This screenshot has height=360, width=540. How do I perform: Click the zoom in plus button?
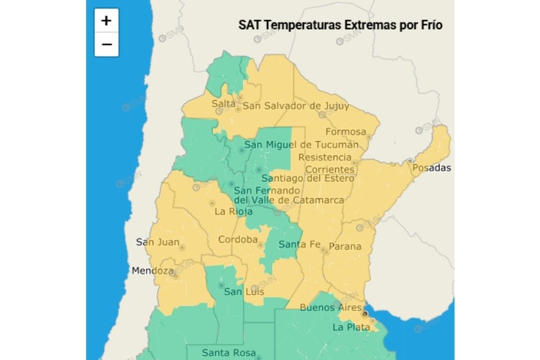106,20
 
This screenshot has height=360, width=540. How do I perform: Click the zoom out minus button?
106,45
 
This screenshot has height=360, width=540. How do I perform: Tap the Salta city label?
223,104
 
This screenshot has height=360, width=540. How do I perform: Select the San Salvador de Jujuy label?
295,106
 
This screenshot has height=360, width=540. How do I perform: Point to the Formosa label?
346,132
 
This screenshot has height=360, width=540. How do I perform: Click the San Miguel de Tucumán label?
301,145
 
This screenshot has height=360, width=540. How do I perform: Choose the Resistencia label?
325,157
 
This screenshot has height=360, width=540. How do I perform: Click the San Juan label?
158,242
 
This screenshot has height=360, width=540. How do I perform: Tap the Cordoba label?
238,240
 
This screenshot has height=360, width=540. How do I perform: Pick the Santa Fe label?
299,245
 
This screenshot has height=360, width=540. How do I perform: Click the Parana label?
344,246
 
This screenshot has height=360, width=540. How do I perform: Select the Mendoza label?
152,271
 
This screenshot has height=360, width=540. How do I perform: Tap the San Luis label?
244,292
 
